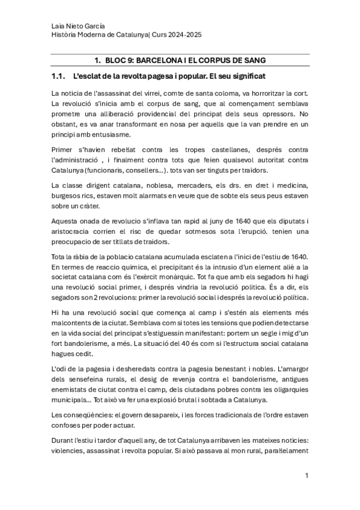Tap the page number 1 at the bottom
coord(307,476)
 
